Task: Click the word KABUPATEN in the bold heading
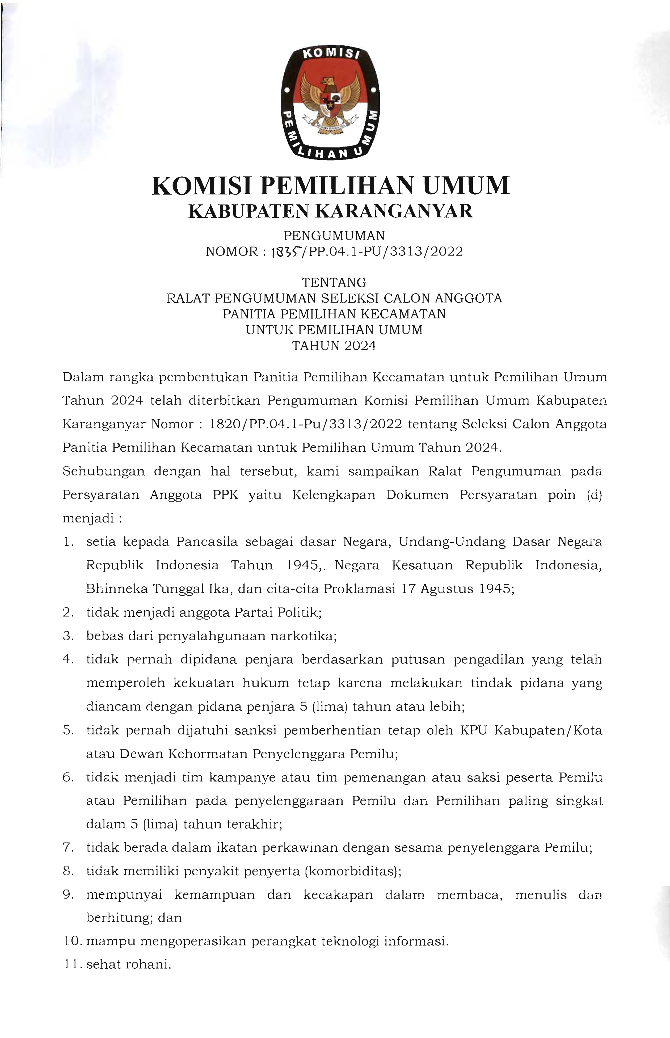248,211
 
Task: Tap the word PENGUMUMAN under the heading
334,236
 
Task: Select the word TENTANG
334,283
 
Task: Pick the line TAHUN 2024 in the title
334,346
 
